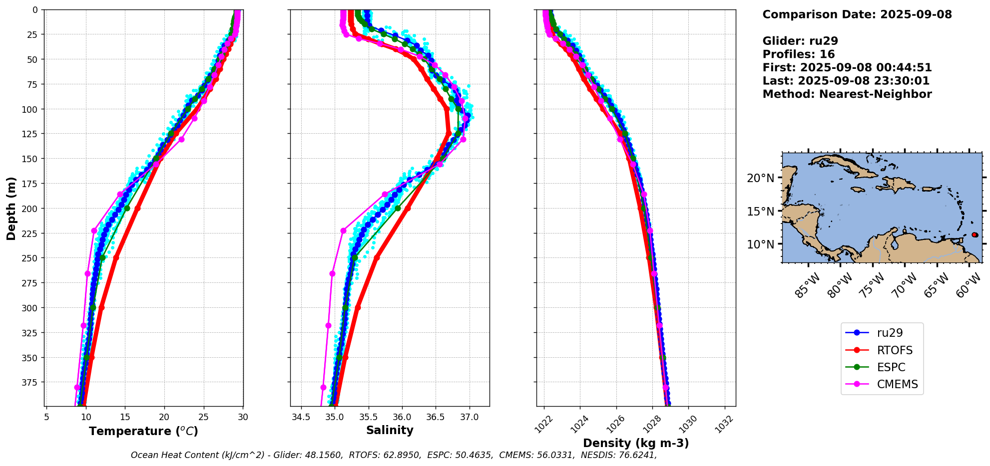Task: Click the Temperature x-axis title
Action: (x=143, y=431)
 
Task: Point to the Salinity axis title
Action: (x=390, y=430)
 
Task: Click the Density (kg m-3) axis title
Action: (x=636, y=443)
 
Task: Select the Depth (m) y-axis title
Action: (x=11, y=208)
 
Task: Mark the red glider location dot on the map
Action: (x=975, y=234)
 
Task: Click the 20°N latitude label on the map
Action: (x=760, y=179)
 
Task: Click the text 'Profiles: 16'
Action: (x=798, y=54)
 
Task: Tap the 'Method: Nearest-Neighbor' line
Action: (x=847, y=94)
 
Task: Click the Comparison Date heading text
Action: (x=857, y=14)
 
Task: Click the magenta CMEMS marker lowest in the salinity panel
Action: (x=323, y=387)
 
